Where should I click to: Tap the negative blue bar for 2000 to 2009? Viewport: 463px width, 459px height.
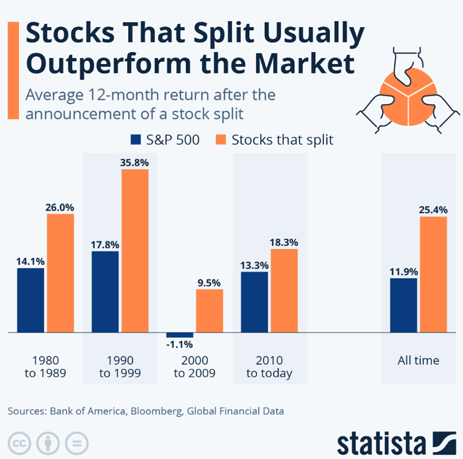[180, 335]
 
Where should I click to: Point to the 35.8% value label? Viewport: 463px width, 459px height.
[135, 161]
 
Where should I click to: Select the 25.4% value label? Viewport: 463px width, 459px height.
[433, 209]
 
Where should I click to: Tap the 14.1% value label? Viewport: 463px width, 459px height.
[30, 260]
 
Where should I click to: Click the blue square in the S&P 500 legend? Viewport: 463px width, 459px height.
[135, 140]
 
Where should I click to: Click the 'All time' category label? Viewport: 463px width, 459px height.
[418, 360]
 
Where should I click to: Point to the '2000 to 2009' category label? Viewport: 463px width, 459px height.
[195, 366]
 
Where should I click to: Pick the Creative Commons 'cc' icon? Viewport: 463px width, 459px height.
[19, 443]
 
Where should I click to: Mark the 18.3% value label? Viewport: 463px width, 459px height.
[284, 242]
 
